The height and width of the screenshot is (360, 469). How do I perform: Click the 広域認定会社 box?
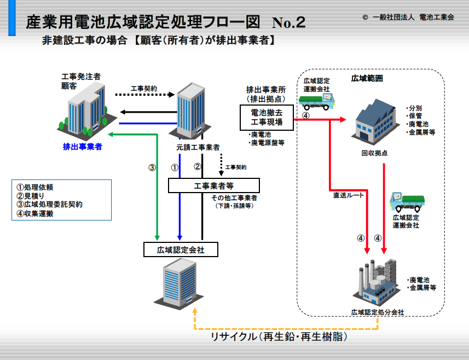pos(181,249)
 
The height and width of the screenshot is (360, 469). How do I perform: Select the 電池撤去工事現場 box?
pos(267,118)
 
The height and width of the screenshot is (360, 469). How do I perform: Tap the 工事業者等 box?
pos(213,185)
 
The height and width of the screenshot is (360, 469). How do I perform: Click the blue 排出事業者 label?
pos(83,147)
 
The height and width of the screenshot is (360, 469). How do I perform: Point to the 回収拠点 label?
pos(374,153)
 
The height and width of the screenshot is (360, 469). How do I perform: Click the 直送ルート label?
pos(349,195)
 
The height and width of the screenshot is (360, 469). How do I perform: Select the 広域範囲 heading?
pos(367,78)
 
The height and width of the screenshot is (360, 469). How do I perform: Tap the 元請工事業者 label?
pos(198,147)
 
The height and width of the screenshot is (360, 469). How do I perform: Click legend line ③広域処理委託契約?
pos(49,205)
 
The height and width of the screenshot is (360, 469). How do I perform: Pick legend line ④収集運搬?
pos(34,213)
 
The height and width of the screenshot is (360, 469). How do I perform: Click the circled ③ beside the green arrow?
pos(152,167)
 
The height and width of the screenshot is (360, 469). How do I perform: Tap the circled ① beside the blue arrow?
pos(175,167)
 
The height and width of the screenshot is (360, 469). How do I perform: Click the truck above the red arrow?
pos(317,101)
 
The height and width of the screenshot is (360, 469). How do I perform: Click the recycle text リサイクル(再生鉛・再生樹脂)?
pos(279,336)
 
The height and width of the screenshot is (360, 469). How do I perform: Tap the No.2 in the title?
pos(288,22)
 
